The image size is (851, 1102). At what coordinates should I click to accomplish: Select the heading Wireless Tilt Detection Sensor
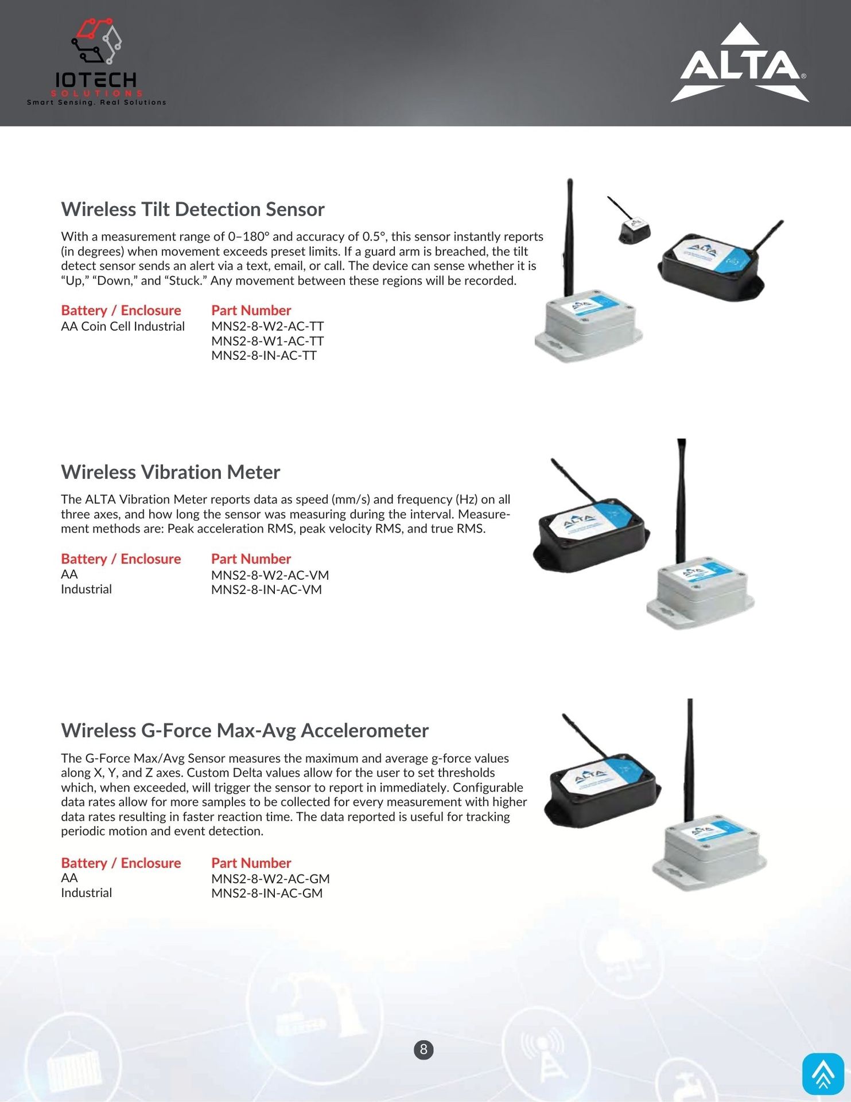[193, 209]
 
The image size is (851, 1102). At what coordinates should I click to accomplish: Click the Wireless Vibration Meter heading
[170, 472]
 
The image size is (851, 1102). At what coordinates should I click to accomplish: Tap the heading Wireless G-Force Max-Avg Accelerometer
[244, 731]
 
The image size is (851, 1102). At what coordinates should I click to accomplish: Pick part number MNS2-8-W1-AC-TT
[267, 341]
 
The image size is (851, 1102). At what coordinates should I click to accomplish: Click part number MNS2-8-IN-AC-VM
[266, 589]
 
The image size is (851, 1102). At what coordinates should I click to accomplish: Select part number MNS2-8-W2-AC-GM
[270, 879]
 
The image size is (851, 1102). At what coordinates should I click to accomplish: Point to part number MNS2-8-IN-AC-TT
[264, 356]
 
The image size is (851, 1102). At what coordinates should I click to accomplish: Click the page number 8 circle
[423, 1050]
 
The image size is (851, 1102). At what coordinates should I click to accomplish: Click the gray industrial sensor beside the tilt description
[588, 324]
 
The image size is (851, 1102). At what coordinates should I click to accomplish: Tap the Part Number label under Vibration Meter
[251, 559]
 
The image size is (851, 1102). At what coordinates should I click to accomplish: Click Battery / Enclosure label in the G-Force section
[121, 863]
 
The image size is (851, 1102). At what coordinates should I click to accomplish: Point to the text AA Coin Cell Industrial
[123, 327]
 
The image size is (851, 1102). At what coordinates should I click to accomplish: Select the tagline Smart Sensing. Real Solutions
[96, 103]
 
